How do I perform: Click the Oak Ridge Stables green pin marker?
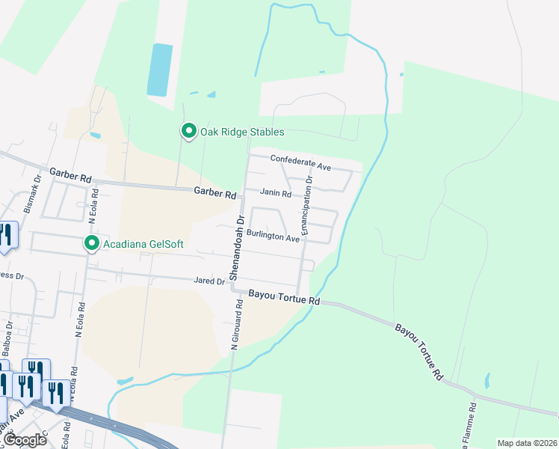click(x=189, y=132)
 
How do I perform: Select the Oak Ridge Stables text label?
click(x=241, y=132)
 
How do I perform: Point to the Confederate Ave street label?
click(x=300, y=161)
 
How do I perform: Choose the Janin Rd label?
click(x=276, y=193)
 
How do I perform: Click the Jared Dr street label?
click(x=209, y=281)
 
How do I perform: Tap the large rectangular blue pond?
click(x=158, y=69)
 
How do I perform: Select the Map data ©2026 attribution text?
click(x=526, y=443)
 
